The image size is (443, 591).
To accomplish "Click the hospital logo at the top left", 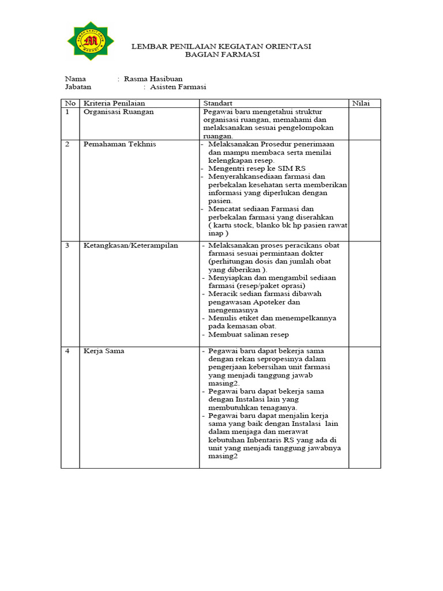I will (x=90, y=41).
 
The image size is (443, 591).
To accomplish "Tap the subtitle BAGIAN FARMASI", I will (x=222, y=54).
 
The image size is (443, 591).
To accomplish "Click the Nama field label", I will (x=76, y=78).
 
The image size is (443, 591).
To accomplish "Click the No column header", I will (x=70, y=103).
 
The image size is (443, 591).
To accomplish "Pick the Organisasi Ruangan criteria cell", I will (x=118, y=112).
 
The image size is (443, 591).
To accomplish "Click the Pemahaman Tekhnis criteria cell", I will (x=119, y=144).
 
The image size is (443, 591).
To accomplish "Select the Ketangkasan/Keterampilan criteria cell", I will (x=130, y=245).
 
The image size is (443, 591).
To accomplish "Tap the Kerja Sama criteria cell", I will (x=104, y=350).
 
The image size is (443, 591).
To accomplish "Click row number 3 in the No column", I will (x=67, y=245).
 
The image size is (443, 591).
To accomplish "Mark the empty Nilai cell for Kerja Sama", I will (x=364, y=407).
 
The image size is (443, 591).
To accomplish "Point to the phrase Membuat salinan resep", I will (x=249, y=335).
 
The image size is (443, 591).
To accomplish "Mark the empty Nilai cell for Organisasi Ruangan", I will (x=364, y=124).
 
